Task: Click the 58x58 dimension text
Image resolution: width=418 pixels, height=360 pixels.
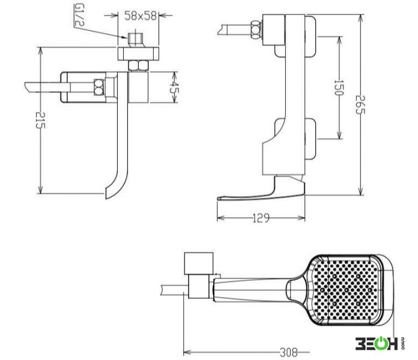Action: (141, 16)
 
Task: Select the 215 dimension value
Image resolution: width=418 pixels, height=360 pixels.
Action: (40, 120)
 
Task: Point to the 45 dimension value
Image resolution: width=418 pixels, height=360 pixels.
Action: (174, 87)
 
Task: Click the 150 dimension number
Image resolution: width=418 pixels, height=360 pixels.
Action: (339, 88)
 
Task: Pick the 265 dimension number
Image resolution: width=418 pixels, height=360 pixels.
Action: (360, 104)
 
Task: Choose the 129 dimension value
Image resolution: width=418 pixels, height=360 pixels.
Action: (261, 218)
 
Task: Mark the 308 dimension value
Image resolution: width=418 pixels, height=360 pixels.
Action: (289, 353)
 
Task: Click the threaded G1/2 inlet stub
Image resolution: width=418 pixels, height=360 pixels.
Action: (136, 40)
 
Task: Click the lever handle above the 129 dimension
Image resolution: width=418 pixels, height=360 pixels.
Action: (261, 191)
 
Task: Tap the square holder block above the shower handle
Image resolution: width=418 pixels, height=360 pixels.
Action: (199, 263)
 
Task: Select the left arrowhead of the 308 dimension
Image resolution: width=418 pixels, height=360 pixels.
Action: (186, 353)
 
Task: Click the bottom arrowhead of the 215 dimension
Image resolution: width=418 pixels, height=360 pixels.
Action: (40, 190)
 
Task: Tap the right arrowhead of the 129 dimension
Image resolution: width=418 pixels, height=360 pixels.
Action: (301, 218)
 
